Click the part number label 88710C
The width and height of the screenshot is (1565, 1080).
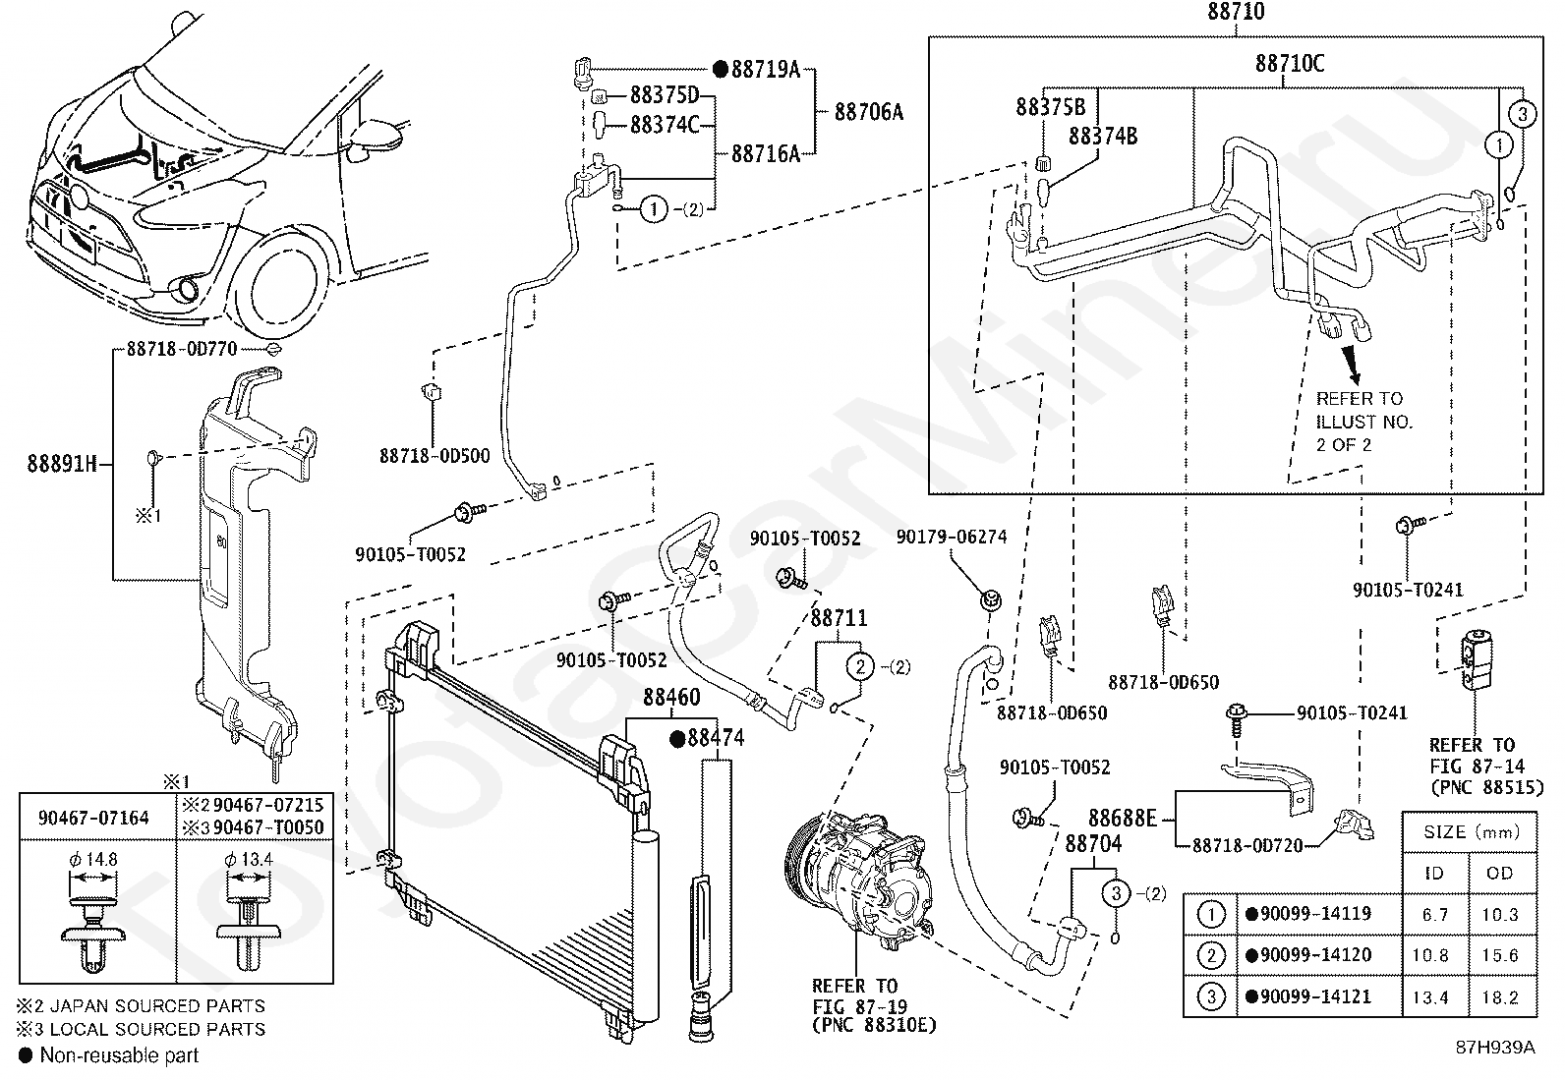pos(1289,64)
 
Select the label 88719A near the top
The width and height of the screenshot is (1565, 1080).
pos(765,69)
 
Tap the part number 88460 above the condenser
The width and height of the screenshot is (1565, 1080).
pos(671,697)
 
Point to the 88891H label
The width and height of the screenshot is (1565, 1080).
pos(62,463)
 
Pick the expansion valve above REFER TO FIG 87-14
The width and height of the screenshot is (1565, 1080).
pos(1475,658)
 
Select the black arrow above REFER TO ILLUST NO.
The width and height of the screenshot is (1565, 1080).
pos(1351,366)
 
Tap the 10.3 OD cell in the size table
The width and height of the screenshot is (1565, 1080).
pos(1499,915)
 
